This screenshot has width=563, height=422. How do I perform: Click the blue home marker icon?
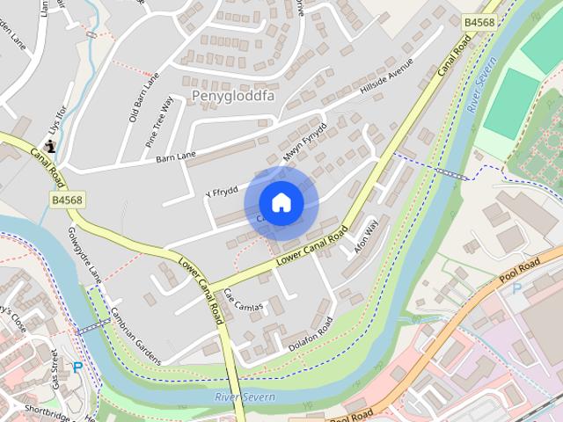tap(281, 202)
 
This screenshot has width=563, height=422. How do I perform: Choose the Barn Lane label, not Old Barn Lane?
tap(176, 158)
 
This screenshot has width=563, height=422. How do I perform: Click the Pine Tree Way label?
tap(160, 120)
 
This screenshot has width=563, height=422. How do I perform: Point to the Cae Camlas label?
tap(241, 300)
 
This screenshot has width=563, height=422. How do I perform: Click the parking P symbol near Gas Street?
tap(77, 367)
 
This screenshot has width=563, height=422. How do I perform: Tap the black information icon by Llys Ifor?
tap(49, 146)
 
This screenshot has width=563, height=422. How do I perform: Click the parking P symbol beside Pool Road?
tap(516, 288)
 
